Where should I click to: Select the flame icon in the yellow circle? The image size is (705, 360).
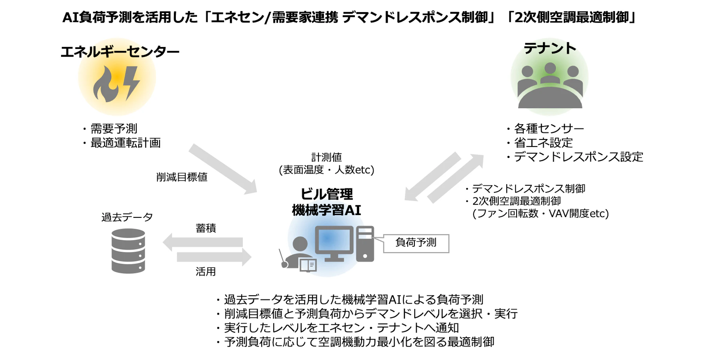(x=105, y=84)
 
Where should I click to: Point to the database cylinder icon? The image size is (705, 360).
(x=128, y=251)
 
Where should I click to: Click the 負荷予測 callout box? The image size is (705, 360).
(x=416, y=243)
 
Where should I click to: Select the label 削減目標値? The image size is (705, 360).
(x=182, y=177)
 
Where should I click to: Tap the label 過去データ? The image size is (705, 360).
(x=127, y=217)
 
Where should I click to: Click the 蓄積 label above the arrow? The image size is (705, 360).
(x=206, y=228)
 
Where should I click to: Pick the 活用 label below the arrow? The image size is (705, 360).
(x=206, y=271)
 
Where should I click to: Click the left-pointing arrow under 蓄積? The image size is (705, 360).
(x=202, y=242)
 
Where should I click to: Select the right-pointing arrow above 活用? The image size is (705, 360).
(x=214, y=257)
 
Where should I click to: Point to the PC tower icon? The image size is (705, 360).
(x=365, y=244)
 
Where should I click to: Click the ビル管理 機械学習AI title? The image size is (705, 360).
(x=326, y=202)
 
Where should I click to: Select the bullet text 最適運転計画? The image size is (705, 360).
(x=125, y=143)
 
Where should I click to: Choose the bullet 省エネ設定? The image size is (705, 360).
(x=543, y=143)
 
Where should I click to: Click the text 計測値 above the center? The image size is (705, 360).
(x=326, y=157)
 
